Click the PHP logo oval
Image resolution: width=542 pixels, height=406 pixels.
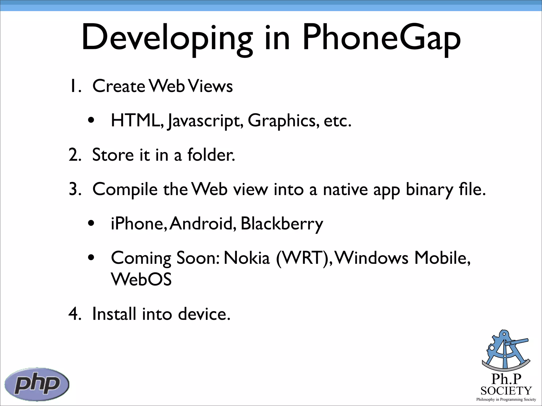point(37,384)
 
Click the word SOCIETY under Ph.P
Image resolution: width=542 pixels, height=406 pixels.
point(506,391)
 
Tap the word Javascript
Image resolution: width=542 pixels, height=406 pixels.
point(205,121)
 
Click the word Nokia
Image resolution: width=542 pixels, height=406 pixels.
point(247,258)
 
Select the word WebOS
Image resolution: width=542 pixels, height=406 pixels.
point(141,280)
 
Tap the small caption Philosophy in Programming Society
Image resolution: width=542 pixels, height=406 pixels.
point(506,399)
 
